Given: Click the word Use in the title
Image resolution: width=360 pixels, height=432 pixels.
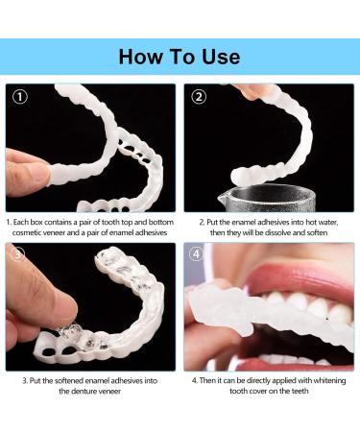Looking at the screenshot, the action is (221, 57).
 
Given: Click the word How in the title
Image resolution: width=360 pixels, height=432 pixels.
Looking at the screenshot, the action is (141, 57).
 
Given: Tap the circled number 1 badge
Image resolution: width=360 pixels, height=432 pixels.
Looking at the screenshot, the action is (20, 96).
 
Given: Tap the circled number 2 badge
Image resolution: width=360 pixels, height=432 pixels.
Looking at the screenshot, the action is (199, 96).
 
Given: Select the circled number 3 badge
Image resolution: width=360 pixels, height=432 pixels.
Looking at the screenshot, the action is (18, 254).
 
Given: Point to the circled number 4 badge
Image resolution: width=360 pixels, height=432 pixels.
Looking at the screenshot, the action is (196, 254).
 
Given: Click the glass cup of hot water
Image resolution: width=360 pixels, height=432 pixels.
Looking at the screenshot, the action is (267, 198).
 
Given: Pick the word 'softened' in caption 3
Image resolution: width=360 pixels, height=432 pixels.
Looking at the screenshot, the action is (69, 381).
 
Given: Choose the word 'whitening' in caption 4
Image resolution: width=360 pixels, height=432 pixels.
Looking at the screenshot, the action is (329, 381).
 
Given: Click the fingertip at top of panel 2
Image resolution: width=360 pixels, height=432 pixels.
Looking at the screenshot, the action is (249, 92).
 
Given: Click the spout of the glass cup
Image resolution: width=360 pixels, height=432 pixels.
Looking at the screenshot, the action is (221, 199).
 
